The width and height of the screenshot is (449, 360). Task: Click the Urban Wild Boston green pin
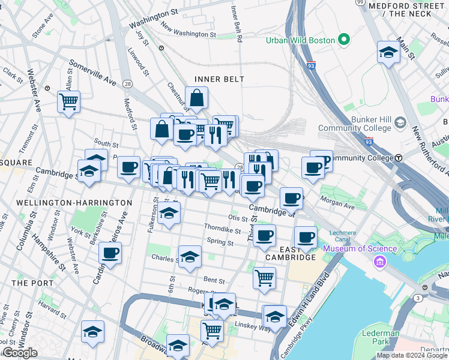344,40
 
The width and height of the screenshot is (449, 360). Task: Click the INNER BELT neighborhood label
219,79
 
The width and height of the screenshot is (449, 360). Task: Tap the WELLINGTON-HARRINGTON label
74,203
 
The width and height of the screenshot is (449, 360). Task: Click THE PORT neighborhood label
28,283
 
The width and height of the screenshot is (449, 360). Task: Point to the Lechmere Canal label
343,236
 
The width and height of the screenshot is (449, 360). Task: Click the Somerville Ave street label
92,71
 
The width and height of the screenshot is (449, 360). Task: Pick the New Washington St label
188,32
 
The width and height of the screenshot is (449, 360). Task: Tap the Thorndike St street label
222,229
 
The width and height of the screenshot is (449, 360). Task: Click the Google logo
20,353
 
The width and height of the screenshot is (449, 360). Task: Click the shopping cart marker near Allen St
69,101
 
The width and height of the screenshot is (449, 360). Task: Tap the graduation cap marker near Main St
388,52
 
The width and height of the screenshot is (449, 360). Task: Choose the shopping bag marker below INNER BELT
196,97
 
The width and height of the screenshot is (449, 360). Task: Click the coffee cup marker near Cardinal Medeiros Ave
110,253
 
